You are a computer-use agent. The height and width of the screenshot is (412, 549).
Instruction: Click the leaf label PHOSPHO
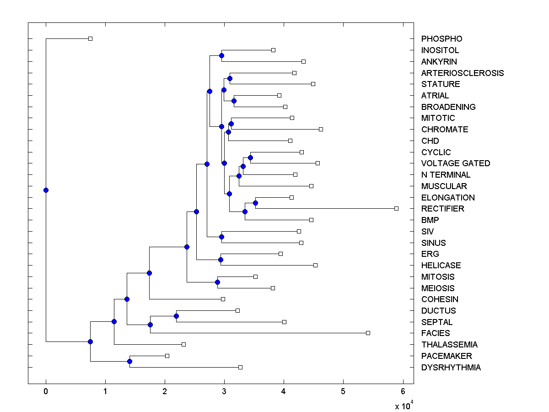[435, 39]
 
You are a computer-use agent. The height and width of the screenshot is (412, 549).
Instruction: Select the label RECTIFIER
[442, 209]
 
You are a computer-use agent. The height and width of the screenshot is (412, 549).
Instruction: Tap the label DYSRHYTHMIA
[451, 368]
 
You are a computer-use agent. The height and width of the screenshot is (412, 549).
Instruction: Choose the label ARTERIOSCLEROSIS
[462, 73]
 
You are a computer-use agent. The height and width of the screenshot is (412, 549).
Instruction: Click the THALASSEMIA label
[449, 345]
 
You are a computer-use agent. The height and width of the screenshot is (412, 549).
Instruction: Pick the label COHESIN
[440, 299]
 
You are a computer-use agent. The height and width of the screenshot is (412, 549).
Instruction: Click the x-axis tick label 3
[224, 391]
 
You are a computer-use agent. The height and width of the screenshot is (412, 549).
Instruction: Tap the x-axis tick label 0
[46, 391]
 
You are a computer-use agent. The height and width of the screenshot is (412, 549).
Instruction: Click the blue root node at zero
[46, 190]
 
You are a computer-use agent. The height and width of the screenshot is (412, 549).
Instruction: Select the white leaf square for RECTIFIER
[396, 208]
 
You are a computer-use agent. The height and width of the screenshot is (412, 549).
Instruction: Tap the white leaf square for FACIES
[368, 333]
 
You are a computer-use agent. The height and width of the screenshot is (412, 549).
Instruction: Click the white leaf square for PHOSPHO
[90, 38]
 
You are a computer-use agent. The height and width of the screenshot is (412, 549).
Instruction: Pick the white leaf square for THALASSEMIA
[183, 344]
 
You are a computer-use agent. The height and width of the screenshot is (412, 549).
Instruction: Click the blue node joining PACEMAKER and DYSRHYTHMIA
[129, 362]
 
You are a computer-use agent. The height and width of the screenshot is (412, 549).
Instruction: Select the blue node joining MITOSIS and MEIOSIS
[217, 282]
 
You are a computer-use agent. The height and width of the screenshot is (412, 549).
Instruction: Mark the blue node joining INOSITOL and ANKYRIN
[221, 55]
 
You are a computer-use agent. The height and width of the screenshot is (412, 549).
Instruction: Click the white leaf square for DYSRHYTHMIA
[240, 367]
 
